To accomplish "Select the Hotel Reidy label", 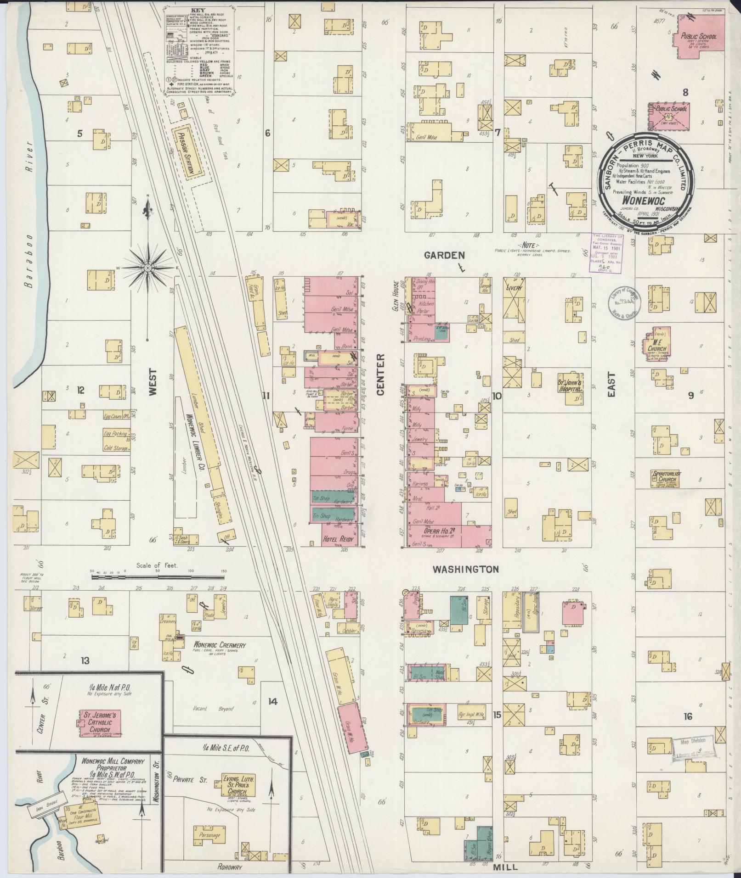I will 339,539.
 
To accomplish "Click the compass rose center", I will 148,268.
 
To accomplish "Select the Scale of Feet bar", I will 159,576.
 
